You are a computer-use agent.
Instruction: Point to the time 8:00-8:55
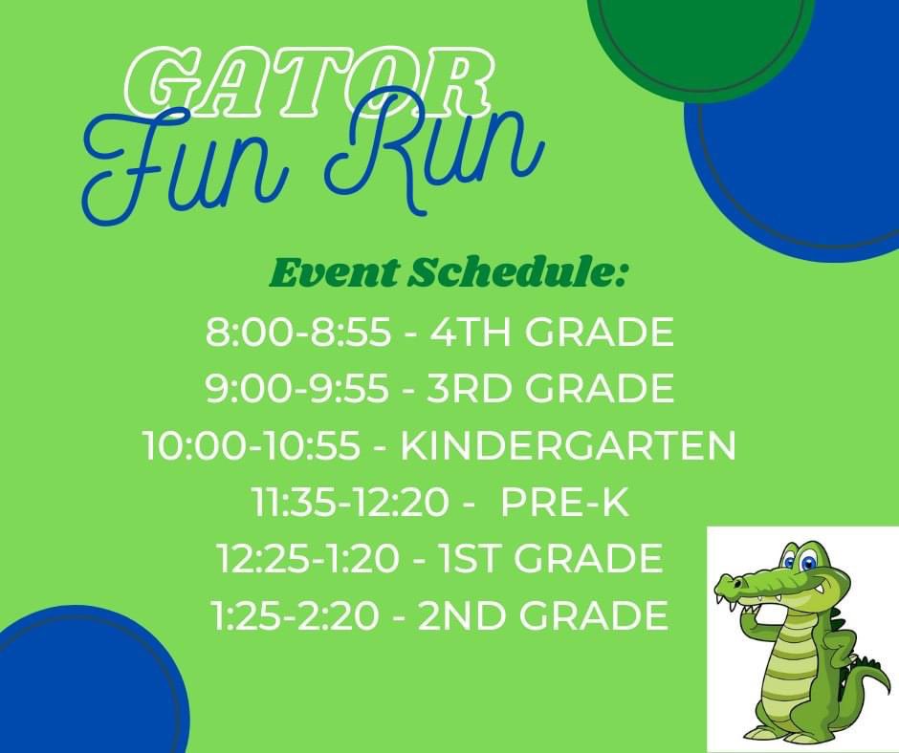(297, 333)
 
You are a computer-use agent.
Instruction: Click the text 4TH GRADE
(553, 333)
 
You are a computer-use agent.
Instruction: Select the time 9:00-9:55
(297, 389)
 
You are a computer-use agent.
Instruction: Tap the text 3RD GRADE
(553, 389)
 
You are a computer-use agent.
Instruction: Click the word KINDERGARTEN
(568, 446)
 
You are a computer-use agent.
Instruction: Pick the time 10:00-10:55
(251, 446)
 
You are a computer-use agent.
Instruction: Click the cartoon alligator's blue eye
(809, 562)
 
